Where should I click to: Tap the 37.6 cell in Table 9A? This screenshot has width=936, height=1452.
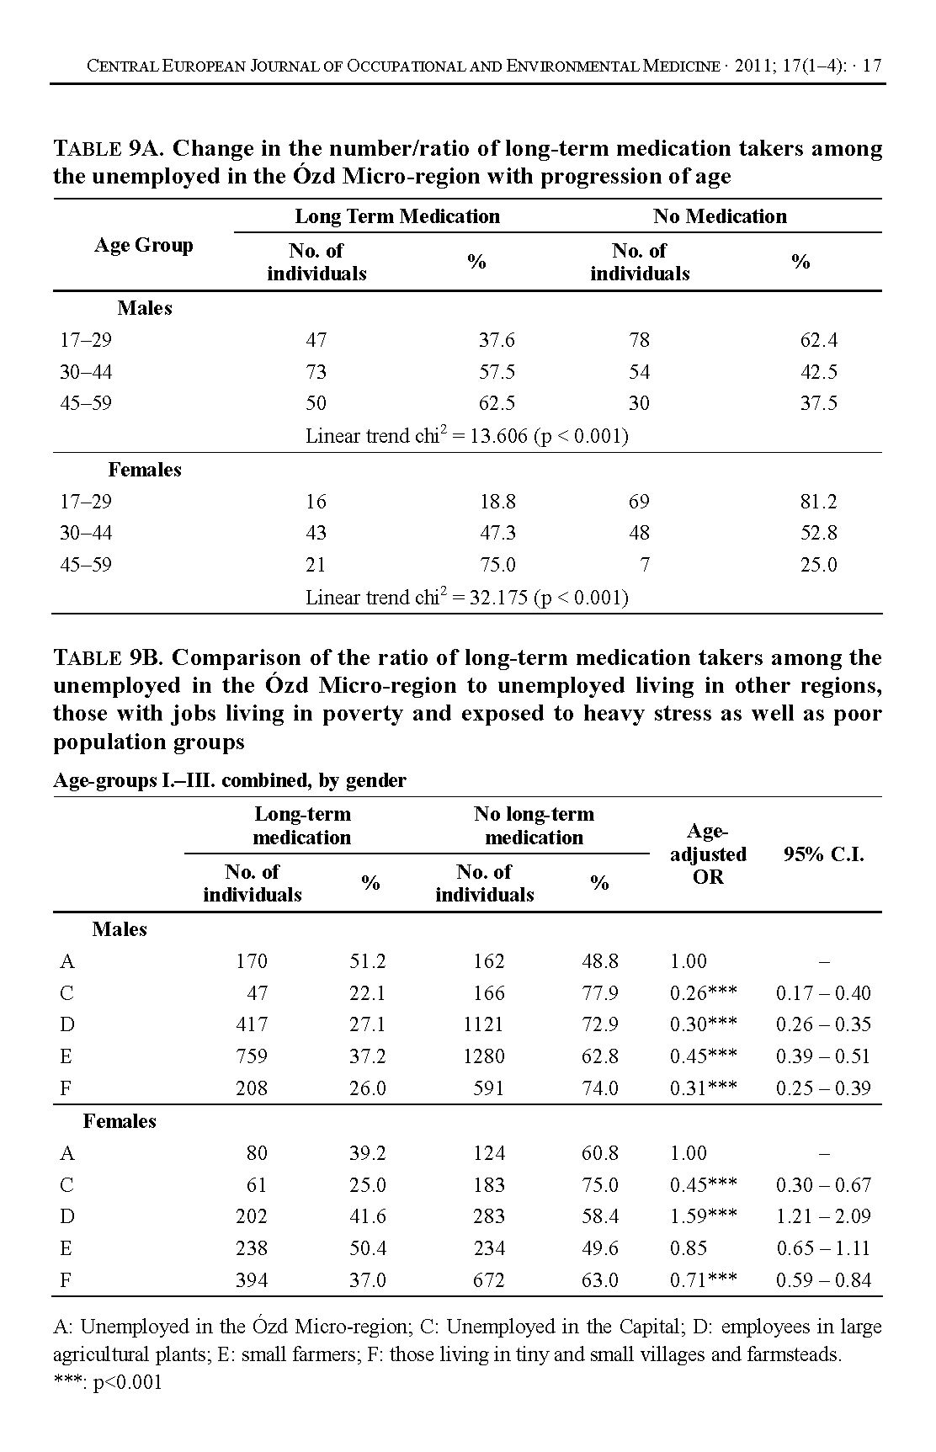coord(497,340)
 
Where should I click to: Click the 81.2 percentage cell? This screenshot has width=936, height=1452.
coord(818,502)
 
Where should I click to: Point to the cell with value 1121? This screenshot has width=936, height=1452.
coord(483,1024)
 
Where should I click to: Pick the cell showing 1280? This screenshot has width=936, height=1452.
coord(483,1056)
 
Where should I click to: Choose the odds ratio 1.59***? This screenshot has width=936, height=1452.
coord(703,1216)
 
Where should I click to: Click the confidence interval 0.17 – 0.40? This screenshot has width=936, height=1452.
coord(823,993)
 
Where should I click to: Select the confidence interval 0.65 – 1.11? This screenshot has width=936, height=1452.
coord(823,1248)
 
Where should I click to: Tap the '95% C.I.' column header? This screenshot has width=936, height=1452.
coord(823,855)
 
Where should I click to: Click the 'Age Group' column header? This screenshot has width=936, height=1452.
coord(144,245)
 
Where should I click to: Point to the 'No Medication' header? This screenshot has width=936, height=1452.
coord(720,216)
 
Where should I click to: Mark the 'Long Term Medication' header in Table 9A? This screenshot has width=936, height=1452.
coord(397,216)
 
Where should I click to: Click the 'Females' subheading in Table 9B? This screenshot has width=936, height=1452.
coord(120,1121)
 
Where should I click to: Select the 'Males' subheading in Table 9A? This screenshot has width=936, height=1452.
coord(145,308)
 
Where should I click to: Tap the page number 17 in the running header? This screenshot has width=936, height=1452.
coord(872,66)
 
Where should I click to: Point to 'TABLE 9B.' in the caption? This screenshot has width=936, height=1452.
coord(109,657)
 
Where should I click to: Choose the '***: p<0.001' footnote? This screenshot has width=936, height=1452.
coord(108,1383)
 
